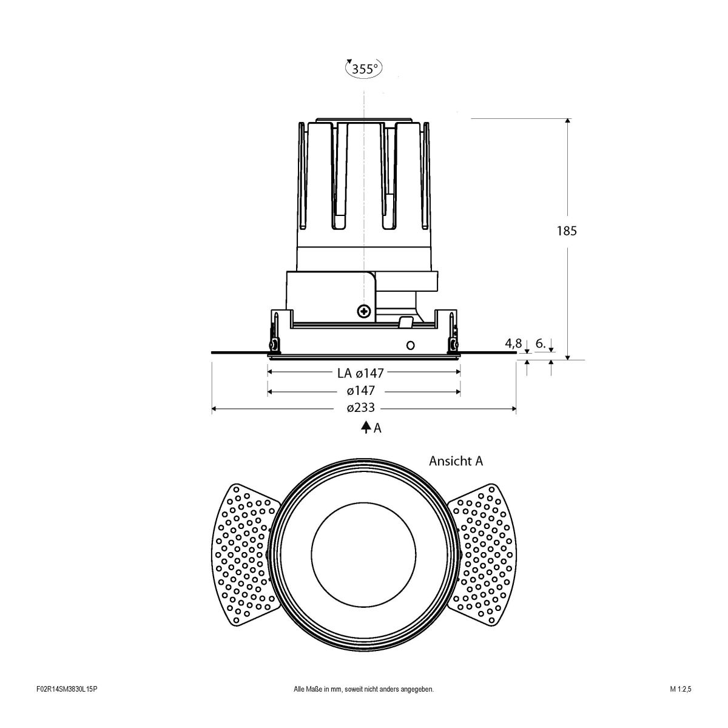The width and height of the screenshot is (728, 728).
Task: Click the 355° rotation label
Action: [x=364, y=69]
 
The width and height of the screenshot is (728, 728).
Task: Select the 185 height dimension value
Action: [x=567, y=231]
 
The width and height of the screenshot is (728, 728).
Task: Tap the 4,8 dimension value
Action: [x=513, y=343]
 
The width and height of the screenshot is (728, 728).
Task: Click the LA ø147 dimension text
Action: [x=361, y=373]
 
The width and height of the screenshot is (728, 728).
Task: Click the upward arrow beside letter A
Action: [x=366, y=427]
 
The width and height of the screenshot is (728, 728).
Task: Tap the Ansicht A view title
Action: [x=456, y=461]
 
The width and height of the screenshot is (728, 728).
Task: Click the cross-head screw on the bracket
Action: [x=364, y=311]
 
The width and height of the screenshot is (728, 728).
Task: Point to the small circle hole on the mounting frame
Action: [x=410, y=345]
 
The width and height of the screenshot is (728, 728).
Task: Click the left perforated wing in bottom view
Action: [x=243, y=555]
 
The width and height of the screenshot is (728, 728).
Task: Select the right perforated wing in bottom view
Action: [x=482, y=555]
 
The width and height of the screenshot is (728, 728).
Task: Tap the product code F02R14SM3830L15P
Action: [x=67, y=706]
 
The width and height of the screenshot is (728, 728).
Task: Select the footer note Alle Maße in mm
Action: [x=363, y=706]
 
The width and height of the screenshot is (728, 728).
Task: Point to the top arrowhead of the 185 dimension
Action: [x=567, y=121]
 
